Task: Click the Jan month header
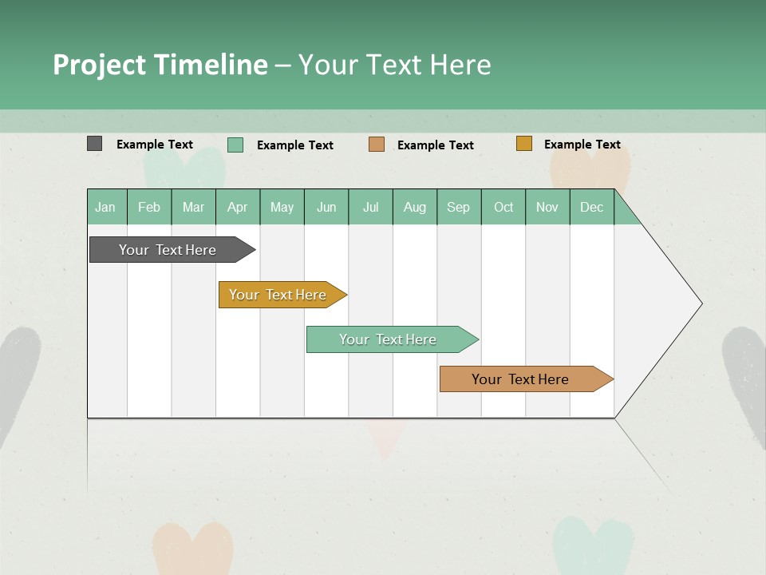click(x=106, y=207)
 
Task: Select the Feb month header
click(x=149, y=207)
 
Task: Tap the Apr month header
click(x=238, y=207)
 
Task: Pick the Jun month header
click(x=326, y=207)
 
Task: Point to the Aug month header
click(x=415, y=207)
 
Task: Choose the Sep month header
click(x=459, y=207)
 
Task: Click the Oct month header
click(x=503, y=207)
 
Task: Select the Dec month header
click(x=592, y=207)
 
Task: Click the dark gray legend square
click(x=95, y=144)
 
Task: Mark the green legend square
click(x=235, y=145)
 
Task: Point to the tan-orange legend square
click(x=377, y=145)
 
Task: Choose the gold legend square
click(x=523, y=144)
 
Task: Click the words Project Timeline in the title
click(x=160, y=64)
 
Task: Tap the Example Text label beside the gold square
click(x=582, y=145)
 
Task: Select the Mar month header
click(x=193, y=207)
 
